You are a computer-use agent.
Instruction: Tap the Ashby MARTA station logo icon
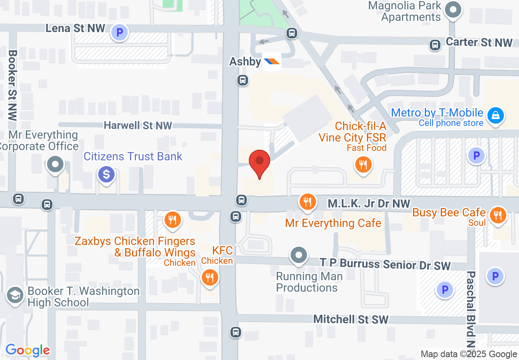(x=271, y=61)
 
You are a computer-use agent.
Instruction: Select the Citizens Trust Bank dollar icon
(x=106, y=175)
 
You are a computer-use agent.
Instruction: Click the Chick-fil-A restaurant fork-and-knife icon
(x=363, y=165)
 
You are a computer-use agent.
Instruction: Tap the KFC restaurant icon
(x=210, y=278)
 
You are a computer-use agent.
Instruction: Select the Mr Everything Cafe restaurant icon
(x=307, y=201)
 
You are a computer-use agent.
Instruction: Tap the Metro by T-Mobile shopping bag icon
(x=496, y=115)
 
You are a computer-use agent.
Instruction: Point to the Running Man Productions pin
(x=299, y=255)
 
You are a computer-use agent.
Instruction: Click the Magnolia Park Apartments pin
(x=453, y=9)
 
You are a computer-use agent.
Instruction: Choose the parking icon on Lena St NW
(x=120, y=32)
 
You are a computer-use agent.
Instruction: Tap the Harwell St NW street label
(x=138, y=125)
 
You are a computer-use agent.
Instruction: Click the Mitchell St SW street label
(x=351, y=319)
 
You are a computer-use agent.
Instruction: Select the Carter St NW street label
(x=479, y=42)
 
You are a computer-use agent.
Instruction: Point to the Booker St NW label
(x=12, y=85)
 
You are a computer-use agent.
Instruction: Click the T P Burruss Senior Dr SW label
(x=385, y=264)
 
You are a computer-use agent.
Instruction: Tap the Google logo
(x=27, y=350)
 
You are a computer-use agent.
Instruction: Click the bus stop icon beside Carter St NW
(x=435, y=45)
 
